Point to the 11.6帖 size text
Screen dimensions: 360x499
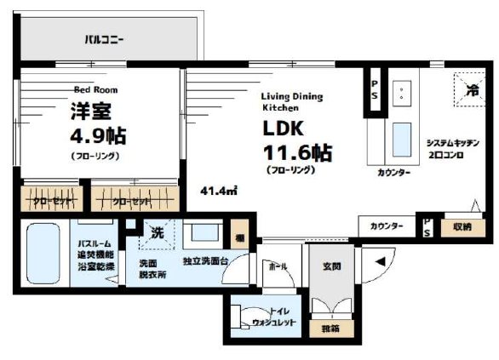(x=297, y=154)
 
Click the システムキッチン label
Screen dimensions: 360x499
(x=454, y=143)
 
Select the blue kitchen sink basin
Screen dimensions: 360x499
(x=400, y=137)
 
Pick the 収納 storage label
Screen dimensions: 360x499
(x=461, y=226)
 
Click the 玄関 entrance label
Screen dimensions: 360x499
(x=331, y=266)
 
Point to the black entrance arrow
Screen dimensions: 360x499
(x=380, y=261)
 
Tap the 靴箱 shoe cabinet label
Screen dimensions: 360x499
(x=330, y=326)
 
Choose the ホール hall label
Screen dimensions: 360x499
(x=278, y=266)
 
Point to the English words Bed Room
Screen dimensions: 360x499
(x=95, y=89)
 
